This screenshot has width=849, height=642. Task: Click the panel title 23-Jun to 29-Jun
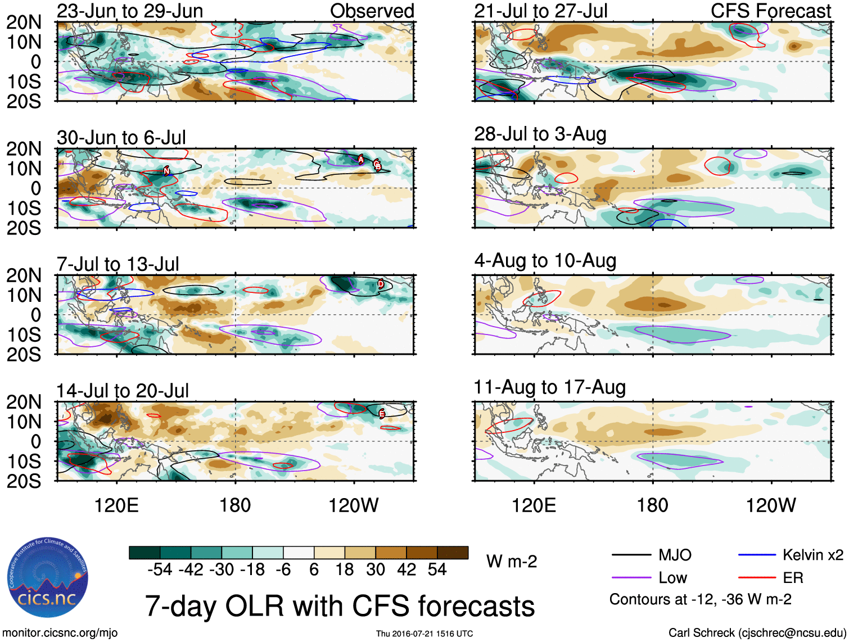[x=130, y=11]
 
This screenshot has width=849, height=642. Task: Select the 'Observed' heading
[x=372, y=11]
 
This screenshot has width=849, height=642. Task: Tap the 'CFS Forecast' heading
[x=770, y=11]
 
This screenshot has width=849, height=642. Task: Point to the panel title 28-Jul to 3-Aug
[x=540, y=134]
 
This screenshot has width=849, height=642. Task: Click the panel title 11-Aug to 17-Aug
[x=549, y=387]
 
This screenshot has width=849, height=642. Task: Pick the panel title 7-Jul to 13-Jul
[x=118, y=264]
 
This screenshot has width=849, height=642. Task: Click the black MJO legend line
[x=631, y=555]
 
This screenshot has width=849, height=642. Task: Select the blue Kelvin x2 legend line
[x=757, y=555]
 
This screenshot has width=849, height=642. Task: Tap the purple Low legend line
[x=631, y=578]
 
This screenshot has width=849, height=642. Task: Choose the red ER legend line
[x=757, y=578]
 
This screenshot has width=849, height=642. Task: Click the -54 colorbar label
[x=160, y=570]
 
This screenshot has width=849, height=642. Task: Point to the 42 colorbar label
[x=407, y=570]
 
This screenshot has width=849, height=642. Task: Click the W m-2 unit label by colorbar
[x=511, y=562]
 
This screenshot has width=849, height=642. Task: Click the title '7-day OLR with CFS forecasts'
[x=340, y=606]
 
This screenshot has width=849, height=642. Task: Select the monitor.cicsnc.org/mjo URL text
[x=60, y=633]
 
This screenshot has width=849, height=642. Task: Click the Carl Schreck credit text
[x=757, y=633]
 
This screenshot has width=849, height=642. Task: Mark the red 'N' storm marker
[x=166, y=170]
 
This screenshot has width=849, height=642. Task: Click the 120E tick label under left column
[x=116, y=505]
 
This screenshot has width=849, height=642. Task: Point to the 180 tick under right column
[x=652, y=505]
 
